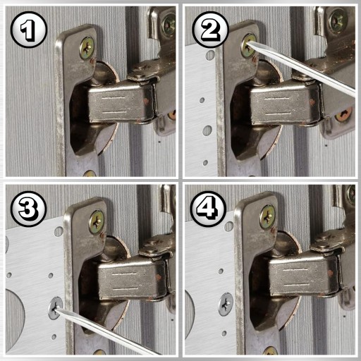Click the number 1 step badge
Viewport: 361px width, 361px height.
point(29,30)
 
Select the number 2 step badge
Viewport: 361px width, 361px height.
point(210,30)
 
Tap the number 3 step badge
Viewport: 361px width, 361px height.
point(29,209)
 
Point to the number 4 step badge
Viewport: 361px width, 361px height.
point(208,209)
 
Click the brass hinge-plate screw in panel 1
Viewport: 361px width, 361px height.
point(87,48)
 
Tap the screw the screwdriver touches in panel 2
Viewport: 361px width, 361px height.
point(249,46)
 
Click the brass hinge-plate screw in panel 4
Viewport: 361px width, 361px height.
point(267,217)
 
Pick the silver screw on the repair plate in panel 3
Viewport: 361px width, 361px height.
point(56,308)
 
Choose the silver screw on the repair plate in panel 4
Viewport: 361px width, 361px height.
point(226,305)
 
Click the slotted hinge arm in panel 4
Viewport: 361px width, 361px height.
point(303,276)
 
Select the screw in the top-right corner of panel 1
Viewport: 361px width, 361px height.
point(169,25)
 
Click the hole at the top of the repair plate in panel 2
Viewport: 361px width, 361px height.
point(210,55)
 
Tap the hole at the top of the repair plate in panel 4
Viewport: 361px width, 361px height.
point(228,226)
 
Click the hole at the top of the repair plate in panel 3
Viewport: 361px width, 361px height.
point(59,231)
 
